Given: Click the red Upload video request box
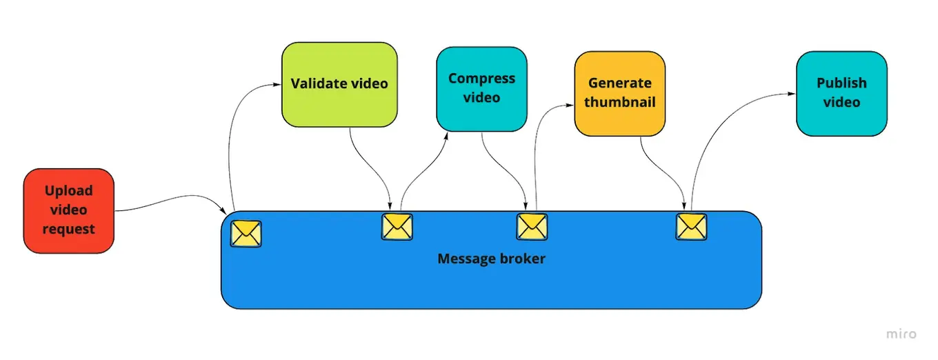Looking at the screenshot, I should click(x=68, y=210).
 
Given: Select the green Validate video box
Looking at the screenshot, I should click(x=339, y=84).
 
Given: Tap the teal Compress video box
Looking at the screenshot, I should click(x=481, y=88).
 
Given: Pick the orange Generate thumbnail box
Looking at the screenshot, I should click(x=620, y=93).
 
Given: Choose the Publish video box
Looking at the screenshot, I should click(x=841, y=93).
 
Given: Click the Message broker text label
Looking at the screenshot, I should click(x=491, y=259).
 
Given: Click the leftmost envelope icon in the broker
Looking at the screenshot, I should click(x=246, y=234).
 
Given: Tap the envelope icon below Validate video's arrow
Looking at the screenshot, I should click(x=397, y=226).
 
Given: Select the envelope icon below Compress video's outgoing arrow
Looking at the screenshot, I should click(x=532, y=226).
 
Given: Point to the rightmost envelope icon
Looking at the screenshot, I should click(x=691, y=226).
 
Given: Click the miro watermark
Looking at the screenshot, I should click(x=901, y=334).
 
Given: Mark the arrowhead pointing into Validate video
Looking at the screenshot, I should click(x=277, y=85).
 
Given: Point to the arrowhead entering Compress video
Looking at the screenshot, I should click(x=446, y=135).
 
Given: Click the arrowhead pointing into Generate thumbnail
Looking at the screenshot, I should click(x=570, y=106).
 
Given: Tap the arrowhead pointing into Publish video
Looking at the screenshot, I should click(x=792, y=92).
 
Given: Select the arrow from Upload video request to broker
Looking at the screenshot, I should click(x=172, y=201).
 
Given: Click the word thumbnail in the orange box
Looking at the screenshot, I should click(x=620, y=103).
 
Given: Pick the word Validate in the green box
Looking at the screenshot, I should click(x=315, y=84).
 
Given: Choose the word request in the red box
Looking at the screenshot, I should click(x=68, y=229).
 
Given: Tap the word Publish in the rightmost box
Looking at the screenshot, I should click(x=841, y=83).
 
